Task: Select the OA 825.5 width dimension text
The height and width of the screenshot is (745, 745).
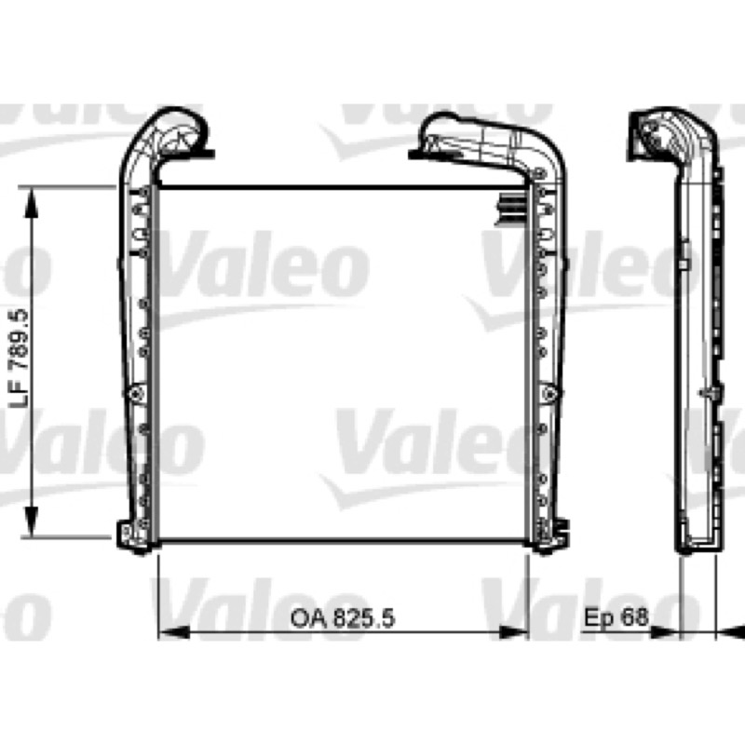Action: [342, 618]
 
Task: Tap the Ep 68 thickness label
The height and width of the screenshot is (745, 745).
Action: [616, 616]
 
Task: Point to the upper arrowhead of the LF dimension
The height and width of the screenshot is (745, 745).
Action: [32, 203]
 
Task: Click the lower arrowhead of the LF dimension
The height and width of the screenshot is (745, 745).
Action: [32, 522]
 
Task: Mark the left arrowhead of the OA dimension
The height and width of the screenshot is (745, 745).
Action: [173, 632]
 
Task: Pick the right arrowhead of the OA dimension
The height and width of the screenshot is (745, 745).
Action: [513, 632]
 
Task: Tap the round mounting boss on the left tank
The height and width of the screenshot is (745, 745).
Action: [136, 392]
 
